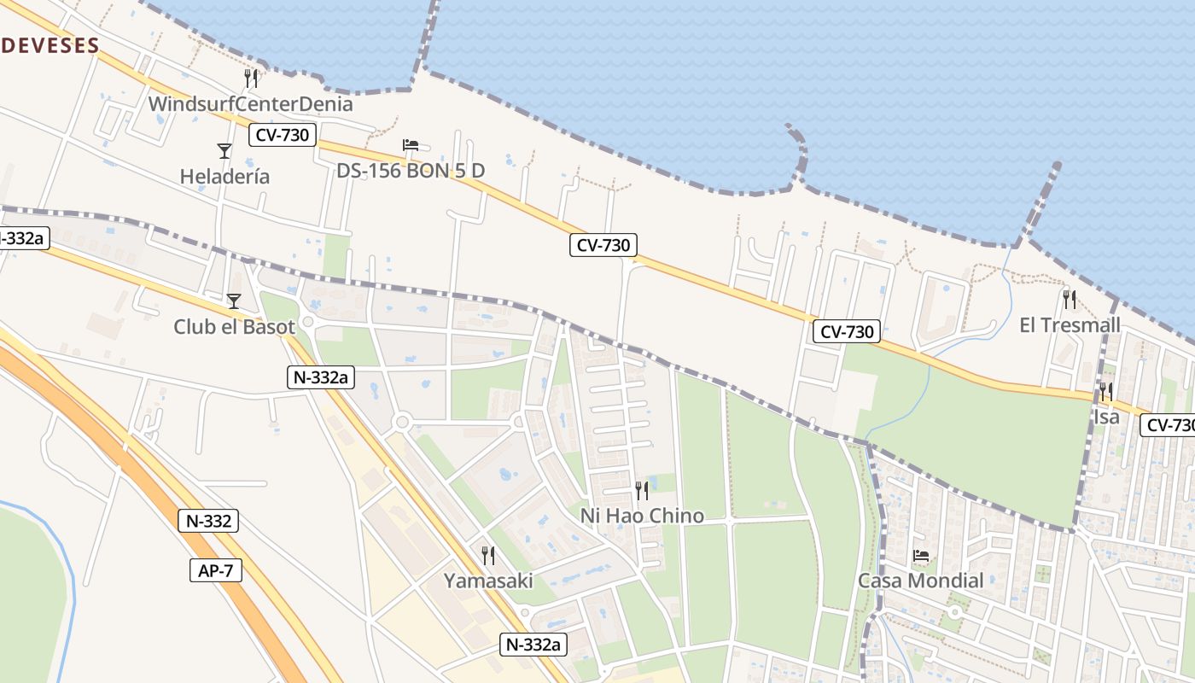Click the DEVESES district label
coord(50,45)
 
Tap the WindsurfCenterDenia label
coord(250,104)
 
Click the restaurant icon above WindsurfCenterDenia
coord(251,79)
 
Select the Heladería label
coord(224,177)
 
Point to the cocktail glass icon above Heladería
coord(224,151)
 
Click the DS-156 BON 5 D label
coord(411,171)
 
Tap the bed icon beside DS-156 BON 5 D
coord(411,145)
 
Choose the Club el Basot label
coord(234,326)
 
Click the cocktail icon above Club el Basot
coord(234,301)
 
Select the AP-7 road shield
coord(216,571)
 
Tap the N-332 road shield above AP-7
coord(208,521)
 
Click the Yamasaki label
coord(488,581)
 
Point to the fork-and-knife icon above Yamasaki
coord(488,556)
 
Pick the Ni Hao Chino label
coord(642,516)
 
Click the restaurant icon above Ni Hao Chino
coord(642,490)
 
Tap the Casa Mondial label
coord(921,581)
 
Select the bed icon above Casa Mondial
coord(921,556)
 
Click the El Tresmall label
coord(1070,325)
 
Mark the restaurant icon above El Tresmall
coord(1069,299)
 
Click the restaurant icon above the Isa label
coord(1105,392)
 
